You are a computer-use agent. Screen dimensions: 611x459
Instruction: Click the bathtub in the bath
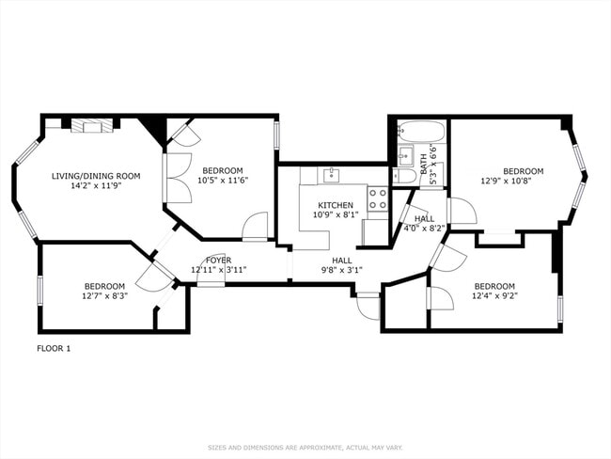(420, 132)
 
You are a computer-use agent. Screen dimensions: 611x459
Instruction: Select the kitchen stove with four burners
(378, 198)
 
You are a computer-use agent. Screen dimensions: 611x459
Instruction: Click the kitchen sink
(332, 175)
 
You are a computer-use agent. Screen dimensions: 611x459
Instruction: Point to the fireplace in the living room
(92, 125)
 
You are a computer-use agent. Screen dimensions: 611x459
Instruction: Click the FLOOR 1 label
(54, 348)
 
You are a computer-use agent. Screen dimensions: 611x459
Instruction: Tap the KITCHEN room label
(336, 205)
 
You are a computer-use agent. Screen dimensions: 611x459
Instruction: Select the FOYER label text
(219, 261)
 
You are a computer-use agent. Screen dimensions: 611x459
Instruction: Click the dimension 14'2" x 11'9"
(96, 185)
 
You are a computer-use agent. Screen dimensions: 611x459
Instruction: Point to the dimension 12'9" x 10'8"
(507, 181)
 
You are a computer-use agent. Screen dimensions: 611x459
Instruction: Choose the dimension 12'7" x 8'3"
(105, 295)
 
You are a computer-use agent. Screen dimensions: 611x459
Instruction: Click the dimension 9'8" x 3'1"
(342, 269)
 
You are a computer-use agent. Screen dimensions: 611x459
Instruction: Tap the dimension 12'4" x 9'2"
(494, 295)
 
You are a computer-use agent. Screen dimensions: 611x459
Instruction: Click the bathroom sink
(405, 155)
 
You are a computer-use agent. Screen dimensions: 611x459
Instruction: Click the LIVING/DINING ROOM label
(96, 176)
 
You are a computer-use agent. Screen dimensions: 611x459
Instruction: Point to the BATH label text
(424, 165)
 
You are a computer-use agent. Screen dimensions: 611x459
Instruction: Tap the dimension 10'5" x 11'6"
(223, 181)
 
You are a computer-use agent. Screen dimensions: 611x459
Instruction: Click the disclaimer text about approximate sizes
(305, 448)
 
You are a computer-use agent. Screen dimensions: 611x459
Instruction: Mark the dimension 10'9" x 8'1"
(336, 214)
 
